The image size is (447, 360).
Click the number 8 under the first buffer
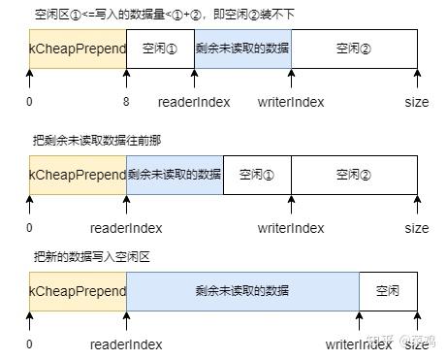[126, 102]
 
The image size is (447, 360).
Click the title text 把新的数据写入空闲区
[92, 257]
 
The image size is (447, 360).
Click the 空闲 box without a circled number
[388, 291]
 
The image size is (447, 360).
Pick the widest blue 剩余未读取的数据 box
[242, 291]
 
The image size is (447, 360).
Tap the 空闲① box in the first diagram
[160, 48]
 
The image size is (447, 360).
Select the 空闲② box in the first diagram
[354, 48]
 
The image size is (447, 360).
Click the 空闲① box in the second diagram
[257, 175]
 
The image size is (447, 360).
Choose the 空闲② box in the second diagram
[354, 175]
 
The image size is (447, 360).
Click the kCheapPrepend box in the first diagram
[78, 48]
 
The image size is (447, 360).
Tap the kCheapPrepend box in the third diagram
[78, 291]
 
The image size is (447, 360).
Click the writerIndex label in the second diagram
[291, 228]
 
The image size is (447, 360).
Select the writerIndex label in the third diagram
[359, 344]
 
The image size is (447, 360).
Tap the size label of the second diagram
[417, 228]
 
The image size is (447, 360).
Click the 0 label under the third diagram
[29, 344]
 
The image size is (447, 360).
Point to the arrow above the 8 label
[126, 80]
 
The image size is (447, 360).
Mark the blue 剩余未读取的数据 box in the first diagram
[242, 48]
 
